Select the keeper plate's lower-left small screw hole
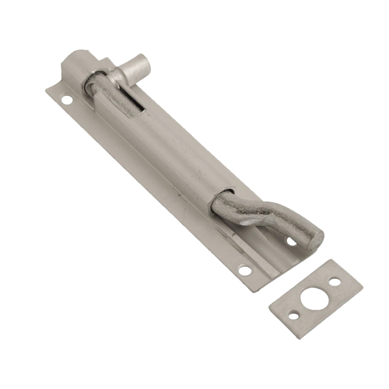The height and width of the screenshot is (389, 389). pos(295,315)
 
